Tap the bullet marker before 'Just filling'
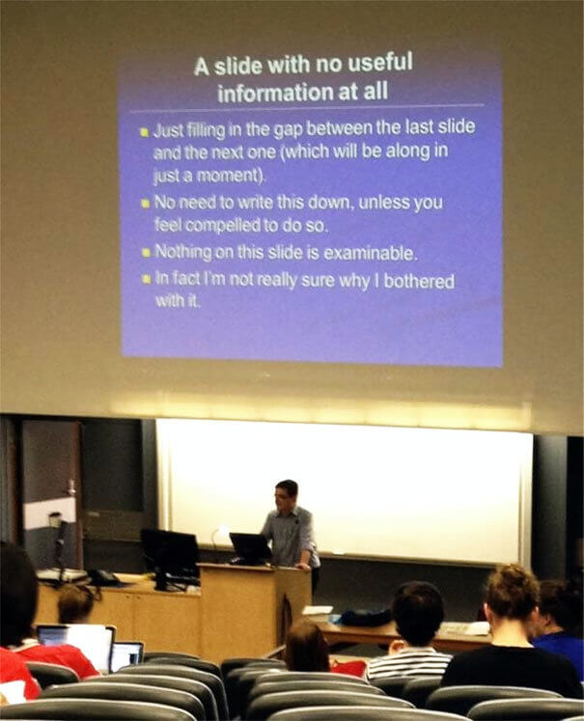[x=144, y=131]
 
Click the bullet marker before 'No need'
[x=144, y=204]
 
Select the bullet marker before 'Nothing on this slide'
[x=144, y=253]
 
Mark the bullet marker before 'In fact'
[x=144, y=280]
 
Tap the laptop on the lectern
[x=250, y=548]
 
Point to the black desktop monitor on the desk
[x=170, y=552]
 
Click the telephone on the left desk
[x=103, y=577]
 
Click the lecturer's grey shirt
[x=291, y=536]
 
